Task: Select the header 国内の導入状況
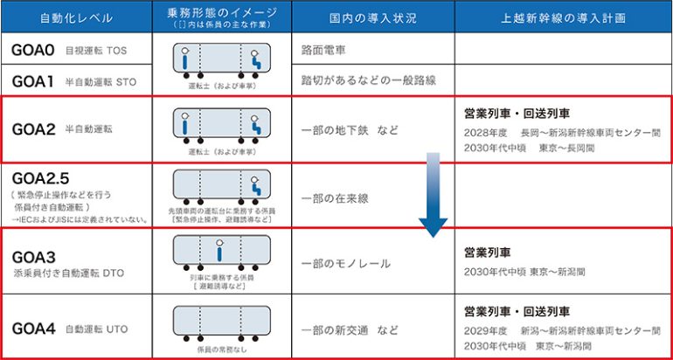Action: pos(372,17)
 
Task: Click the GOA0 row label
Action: pos(34,50)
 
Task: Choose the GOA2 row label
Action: pos(34,129)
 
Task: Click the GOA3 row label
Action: pos(34,257)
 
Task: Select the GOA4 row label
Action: pos(34,329)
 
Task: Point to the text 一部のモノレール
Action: pos(345,263)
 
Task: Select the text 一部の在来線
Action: pos(335,197)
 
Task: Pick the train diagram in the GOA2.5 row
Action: pos(220,184)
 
